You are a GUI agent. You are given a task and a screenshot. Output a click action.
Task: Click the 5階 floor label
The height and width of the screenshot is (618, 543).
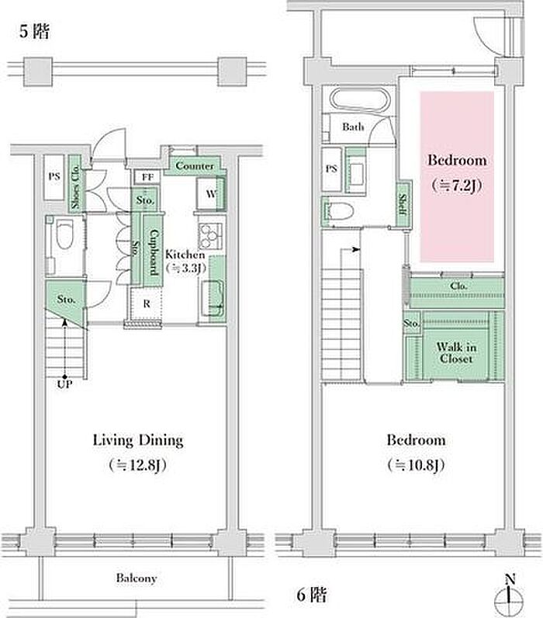35,31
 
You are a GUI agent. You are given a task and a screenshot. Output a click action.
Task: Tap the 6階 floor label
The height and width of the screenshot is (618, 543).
311,594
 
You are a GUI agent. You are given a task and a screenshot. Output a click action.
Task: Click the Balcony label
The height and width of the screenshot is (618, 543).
137,578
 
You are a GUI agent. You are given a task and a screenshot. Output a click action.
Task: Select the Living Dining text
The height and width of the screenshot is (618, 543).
138,440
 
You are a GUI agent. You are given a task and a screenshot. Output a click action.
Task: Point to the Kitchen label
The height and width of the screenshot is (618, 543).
185,254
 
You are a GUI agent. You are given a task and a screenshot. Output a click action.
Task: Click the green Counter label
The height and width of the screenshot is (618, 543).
195,165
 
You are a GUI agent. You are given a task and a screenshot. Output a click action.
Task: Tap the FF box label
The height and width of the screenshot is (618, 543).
147,177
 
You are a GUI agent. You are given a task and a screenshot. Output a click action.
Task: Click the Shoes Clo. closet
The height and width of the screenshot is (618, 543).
75,184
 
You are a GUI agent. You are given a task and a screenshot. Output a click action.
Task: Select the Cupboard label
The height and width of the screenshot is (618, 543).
153,252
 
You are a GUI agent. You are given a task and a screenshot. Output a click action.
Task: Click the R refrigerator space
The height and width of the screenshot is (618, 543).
147,304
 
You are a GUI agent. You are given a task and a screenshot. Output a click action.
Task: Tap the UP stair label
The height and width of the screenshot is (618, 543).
64,384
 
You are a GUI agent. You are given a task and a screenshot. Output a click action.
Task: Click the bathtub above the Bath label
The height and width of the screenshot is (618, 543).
359,99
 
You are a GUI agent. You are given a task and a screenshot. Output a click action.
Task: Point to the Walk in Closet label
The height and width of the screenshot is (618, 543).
456,352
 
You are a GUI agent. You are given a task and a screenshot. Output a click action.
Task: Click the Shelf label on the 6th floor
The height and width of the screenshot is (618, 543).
403,204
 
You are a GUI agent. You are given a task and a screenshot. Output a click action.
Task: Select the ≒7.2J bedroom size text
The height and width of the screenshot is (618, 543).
457,185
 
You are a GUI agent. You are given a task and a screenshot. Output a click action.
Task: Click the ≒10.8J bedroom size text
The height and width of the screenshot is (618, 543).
417,465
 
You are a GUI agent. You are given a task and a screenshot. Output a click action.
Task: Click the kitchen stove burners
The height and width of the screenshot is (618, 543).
210,235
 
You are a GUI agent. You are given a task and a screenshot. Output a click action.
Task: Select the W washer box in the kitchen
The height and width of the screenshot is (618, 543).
211,193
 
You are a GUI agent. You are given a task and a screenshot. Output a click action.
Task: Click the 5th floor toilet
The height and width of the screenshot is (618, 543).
64,234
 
